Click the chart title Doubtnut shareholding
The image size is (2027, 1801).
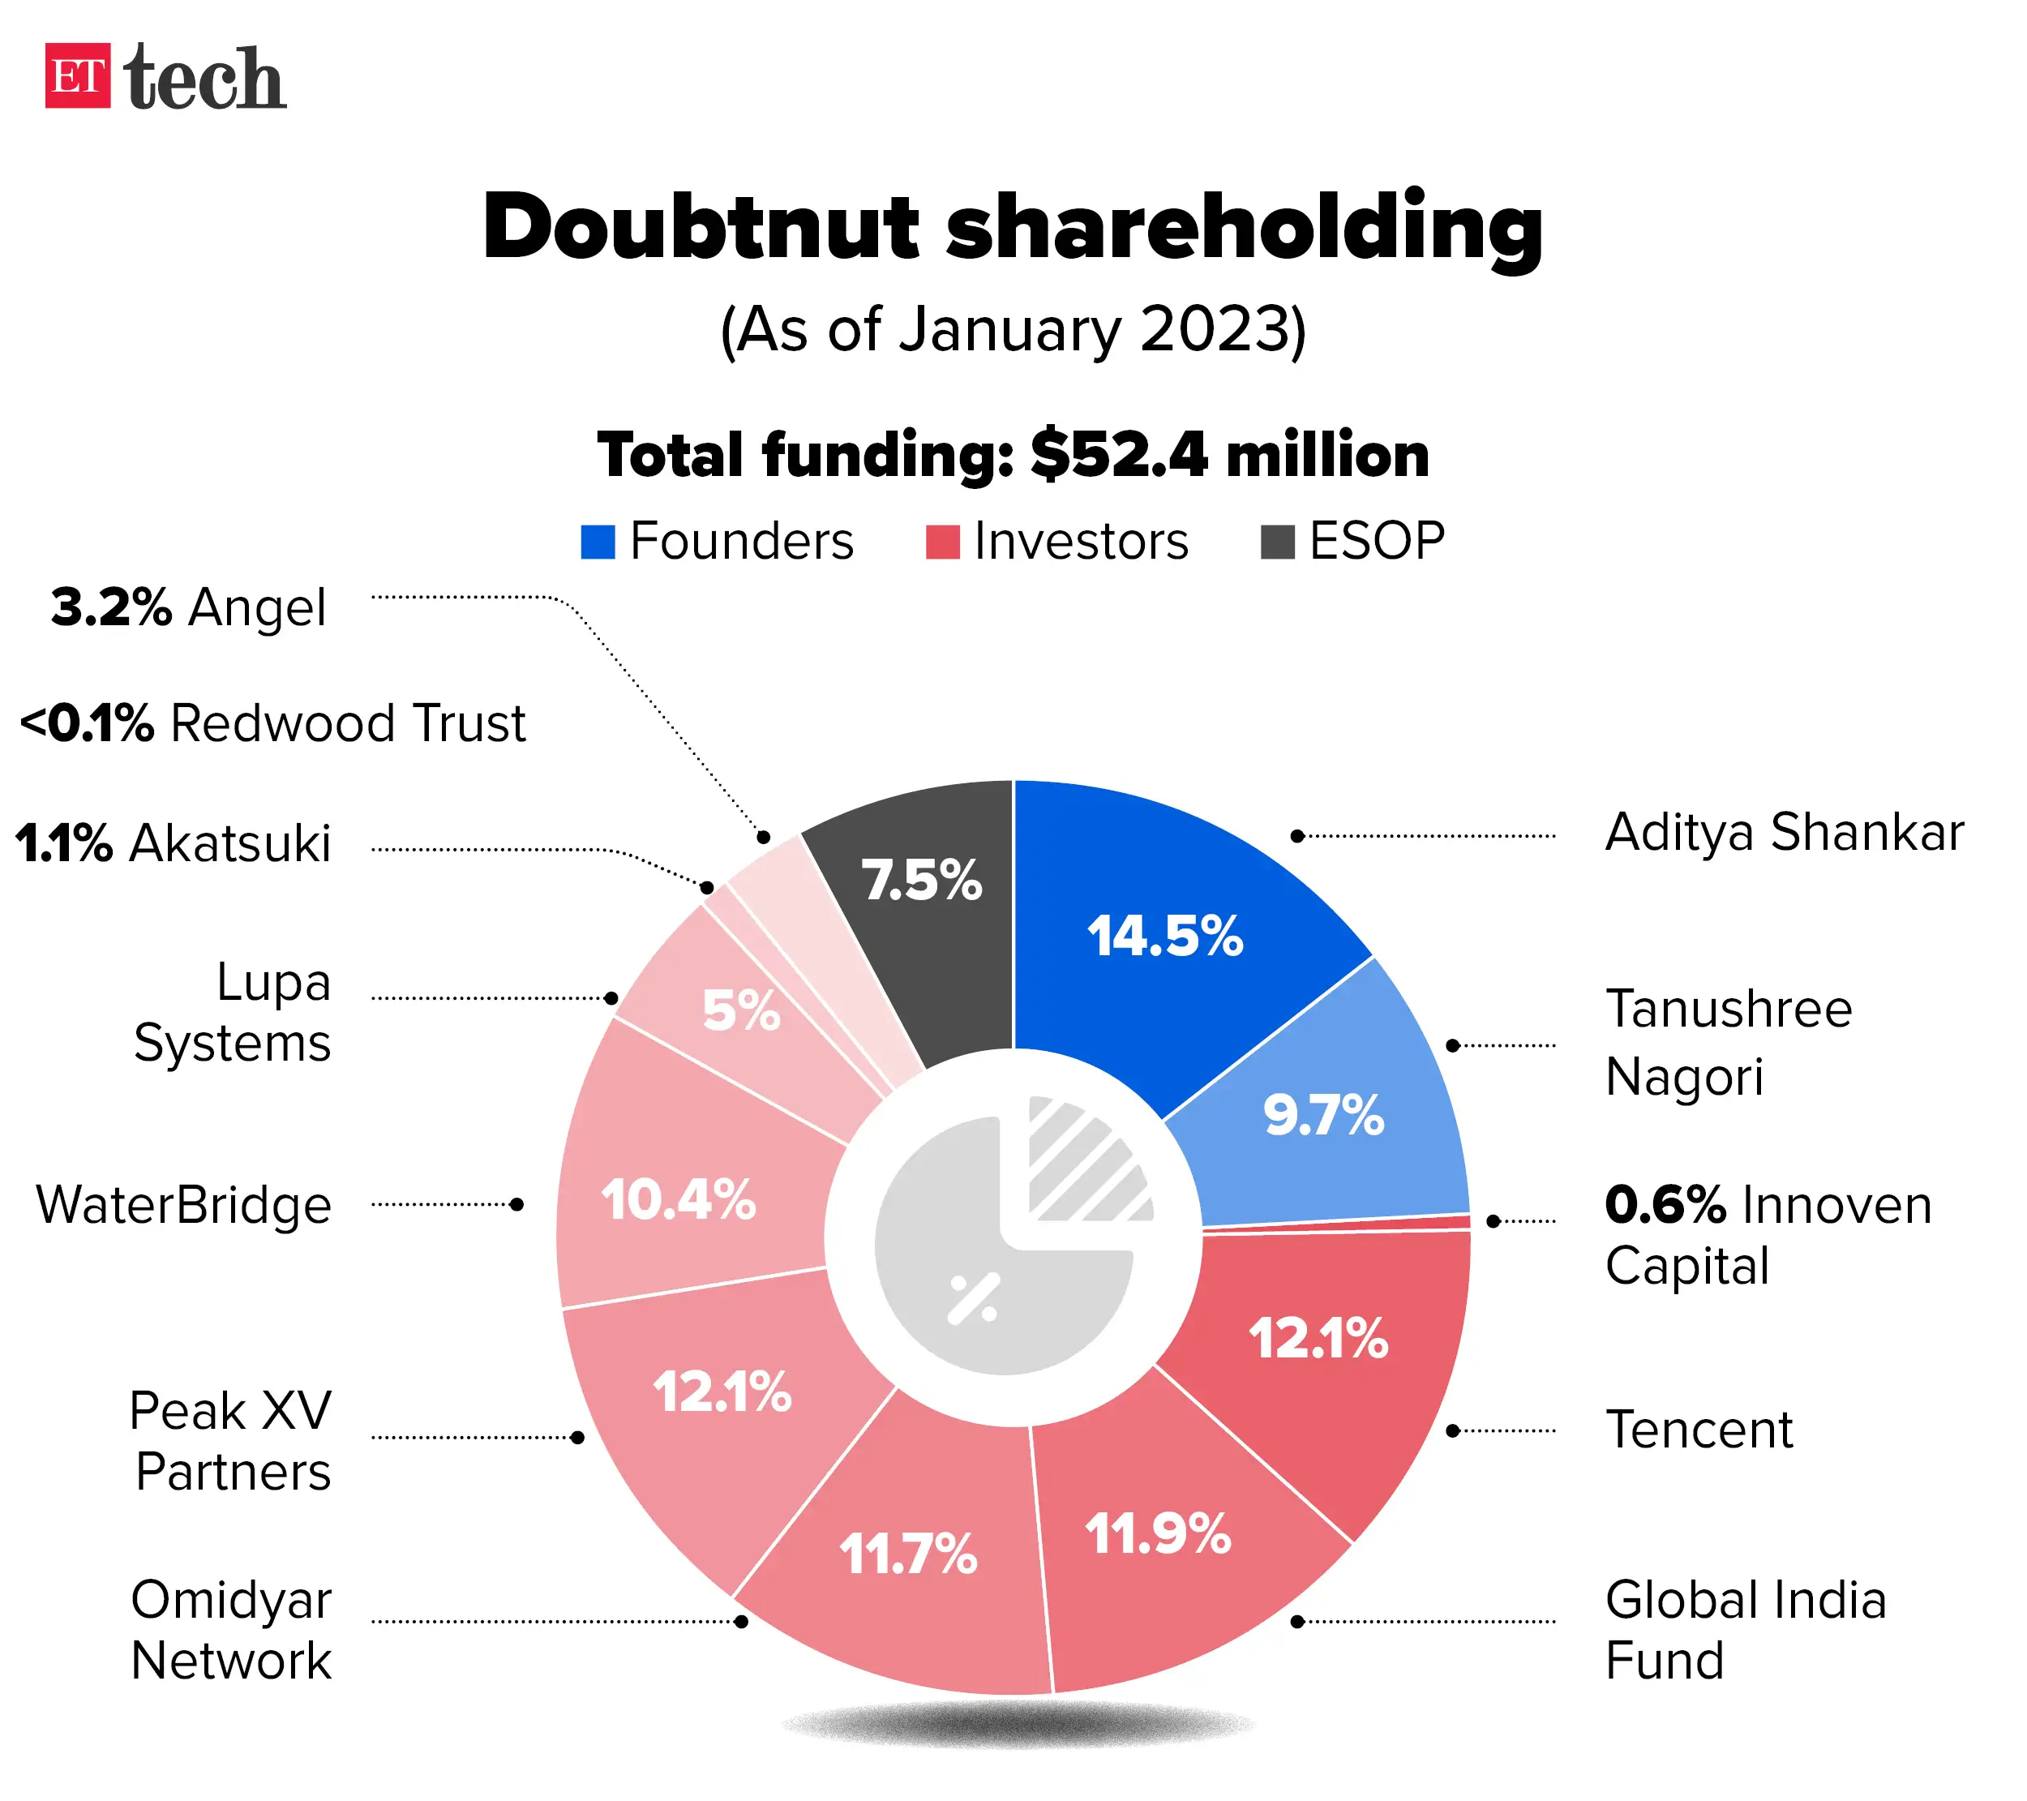point(1012,227)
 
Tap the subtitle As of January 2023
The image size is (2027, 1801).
point(1013,330)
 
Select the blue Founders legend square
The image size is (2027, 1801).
point(597,542)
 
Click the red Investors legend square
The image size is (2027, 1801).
point(942,542)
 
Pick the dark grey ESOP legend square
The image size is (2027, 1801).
point(1276,542)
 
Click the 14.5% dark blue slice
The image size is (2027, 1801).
point(1164,935)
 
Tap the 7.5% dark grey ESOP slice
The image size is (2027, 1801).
point(921,880)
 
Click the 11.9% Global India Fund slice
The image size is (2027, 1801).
point(1157,1534)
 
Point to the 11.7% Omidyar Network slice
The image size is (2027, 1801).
point(908,1553)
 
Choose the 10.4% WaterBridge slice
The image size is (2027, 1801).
point(679,1200)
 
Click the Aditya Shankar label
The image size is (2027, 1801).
point(1783,832)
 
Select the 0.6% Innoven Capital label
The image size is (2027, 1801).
point(1768,1235)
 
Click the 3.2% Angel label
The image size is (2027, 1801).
point(188,607)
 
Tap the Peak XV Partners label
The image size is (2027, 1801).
point(231,1440)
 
